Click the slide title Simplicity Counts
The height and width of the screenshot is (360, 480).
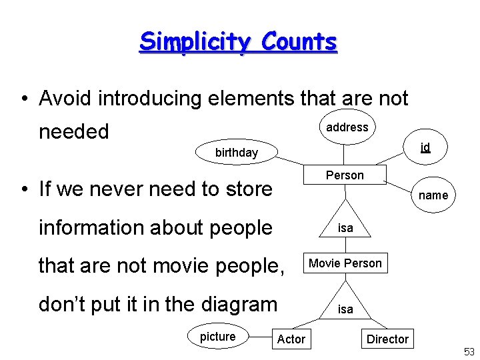pos(238,42)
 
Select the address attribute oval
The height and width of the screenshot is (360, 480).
pos(347,127)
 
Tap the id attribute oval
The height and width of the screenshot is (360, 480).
pos(425,147)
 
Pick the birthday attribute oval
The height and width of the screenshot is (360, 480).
pos(236,153)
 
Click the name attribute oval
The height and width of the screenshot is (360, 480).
pos(433,195)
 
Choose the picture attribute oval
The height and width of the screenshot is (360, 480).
pos(217,337)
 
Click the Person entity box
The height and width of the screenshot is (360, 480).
pos(345,175)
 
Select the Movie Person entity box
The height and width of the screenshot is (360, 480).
pos(345,263)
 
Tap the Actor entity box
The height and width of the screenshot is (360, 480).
pos(291,339)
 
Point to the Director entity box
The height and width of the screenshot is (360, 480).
pos(387,339)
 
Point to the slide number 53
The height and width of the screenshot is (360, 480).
pos(469,351)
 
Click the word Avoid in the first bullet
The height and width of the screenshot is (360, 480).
pos(66,99)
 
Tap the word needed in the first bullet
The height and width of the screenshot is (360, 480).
pos(73,131)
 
